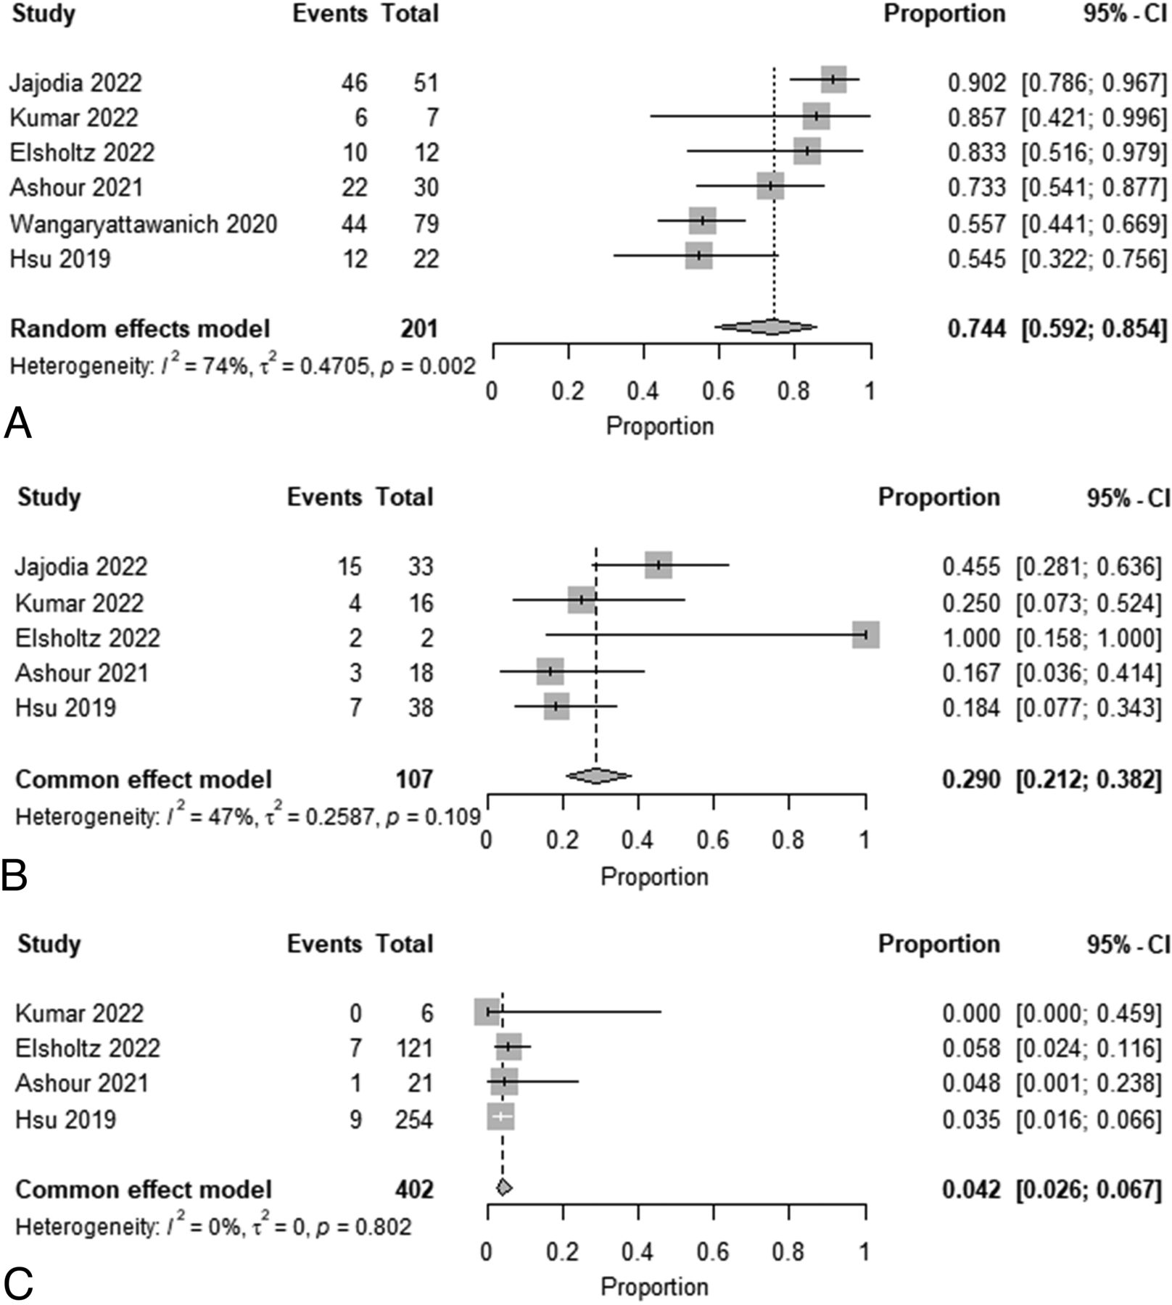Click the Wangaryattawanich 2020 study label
click(x=143, y=224)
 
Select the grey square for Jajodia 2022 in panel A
click(x=833, y=80)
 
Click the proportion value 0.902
click(x=976, y=83)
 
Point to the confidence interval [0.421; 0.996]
click(x=1094, y=117)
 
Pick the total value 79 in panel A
click(x=426, y=224)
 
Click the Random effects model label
click(x=140, y=328)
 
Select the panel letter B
click(x=15, y=876)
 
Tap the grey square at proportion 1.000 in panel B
click(x=865, y=634)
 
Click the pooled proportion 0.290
click(x=970, y=779)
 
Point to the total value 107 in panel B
click(x=414, y=779)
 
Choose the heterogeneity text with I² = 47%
click(x=247, y=816)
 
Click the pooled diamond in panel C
click(x=503, y=1188)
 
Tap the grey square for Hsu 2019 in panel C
click(x=500, y=1117)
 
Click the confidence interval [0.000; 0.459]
click(x=1088, y=1013)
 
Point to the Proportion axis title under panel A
click(x=659, y=426)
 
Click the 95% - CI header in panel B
click(x=1128, y=497)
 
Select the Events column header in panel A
click(x=330, y=14)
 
